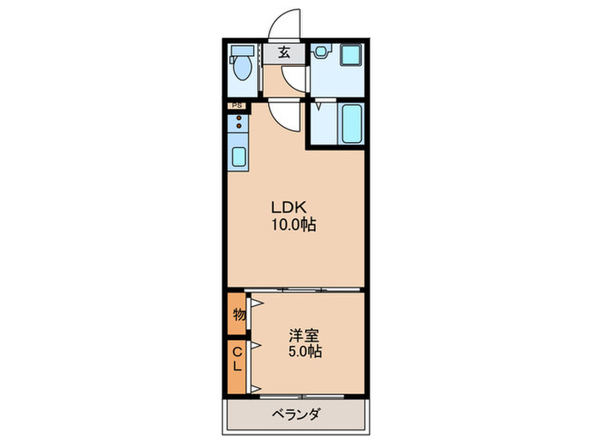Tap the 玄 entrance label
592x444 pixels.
(x=283, y=52)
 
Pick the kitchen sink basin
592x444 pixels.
(x=238, y=156)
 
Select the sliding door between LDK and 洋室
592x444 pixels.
(x=296, y=291)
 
